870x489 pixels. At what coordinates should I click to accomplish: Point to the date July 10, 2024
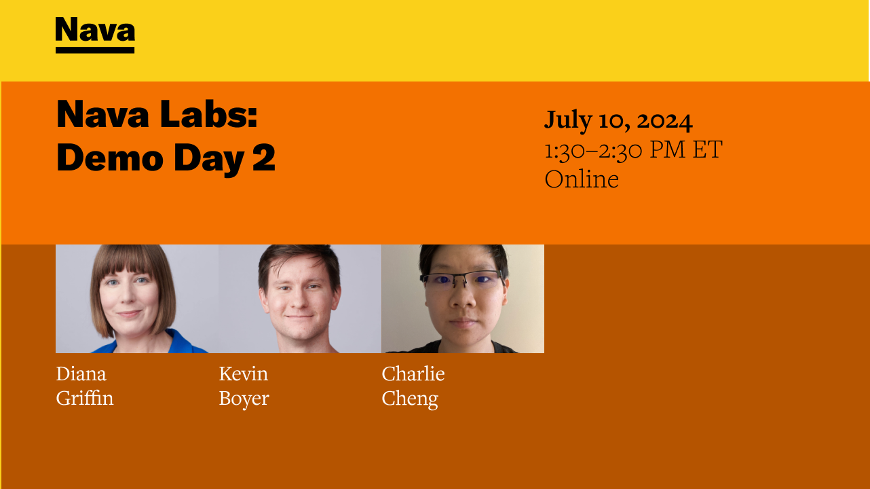coord(618,120)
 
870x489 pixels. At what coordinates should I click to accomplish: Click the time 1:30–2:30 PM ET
coord(633,149)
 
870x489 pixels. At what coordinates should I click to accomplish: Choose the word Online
coord(582,179)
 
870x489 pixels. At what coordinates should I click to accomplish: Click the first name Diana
coord(81,374)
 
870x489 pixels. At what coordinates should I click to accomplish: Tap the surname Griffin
coord(85,398)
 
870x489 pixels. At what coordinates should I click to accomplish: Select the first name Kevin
coord(243,374)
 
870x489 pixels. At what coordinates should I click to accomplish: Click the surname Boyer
coord(244,398)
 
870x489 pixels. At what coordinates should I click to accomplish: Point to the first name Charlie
coord(413,374)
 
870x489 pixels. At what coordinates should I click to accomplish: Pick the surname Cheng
coord(409,398)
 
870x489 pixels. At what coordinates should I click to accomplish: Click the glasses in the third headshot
coord(462,278)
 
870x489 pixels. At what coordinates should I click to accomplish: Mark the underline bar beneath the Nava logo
coord(95,50)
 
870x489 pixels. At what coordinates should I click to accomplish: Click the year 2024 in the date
coord(664,120)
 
